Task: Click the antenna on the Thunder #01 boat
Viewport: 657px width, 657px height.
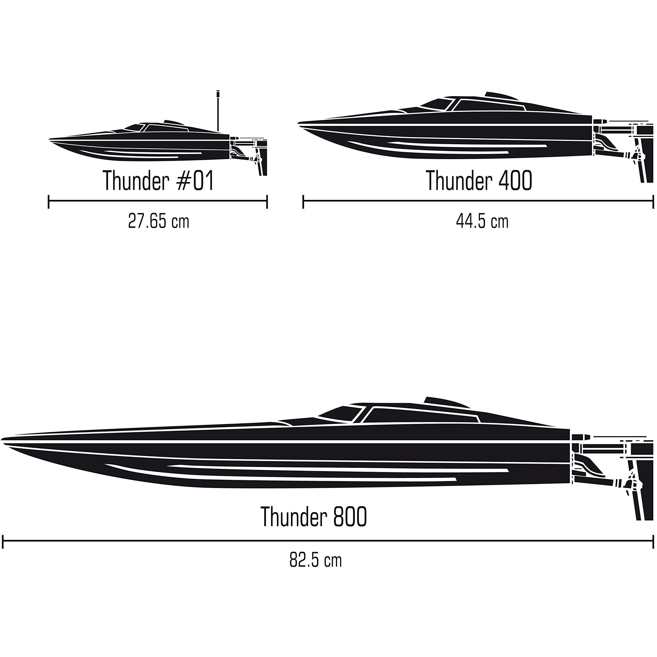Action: (x=218, y=110)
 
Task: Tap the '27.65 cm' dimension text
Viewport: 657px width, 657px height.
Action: (x=159, y=221)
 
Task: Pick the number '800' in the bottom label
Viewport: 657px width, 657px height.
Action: (x=350, y=516)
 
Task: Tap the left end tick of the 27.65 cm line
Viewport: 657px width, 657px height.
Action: (x=49, y=202)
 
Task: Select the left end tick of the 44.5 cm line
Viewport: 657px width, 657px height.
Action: (x=303, y=202)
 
